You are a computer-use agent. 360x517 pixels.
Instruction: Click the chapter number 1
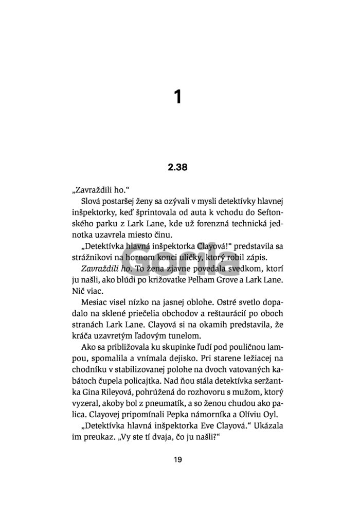click(x=178, y=97)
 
